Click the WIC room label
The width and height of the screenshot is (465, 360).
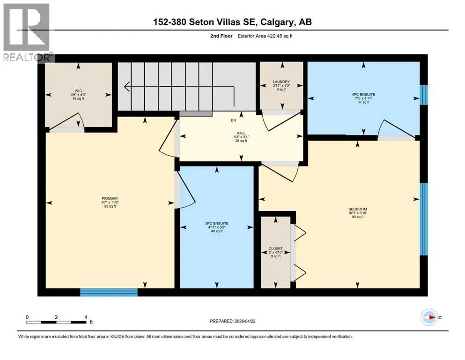click(x=78, y=91)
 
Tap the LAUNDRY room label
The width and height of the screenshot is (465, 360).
click(x=281, y=82)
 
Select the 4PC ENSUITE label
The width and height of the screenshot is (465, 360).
click(x=363, y=94)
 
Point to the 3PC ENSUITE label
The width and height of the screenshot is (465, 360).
click(x=217, y=224)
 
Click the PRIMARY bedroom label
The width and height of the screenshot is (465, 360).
click(x=110, y=199)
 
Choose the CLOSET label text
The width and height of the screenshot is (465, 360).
click(x=276, y=248)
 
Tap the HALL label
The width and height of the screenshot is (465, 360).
click(x=241, y=133)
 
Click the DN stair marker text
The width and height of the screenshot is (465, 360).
click(x=234, y=120)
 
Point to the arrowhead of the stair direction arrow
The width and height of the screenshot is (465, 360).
click(x=126, y=87)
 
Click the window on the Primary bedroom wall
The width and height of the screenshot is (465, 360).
click(x=109, y=292)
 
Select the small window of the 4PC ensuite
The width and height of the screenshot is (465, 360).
click(x=424, y=95)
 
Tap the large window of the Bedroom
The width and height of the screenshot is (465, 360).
click(x=424, y=219)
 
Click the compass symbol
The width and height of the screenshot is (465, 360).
click(x=429, y=317)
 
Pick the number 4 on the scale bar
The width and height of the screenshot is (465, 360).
click(x=86, y=317)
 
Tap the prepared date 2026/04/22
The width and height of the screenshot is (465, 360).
click(x=245, y=321)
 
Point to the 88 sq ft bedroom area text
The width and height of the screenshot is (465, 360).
click(x=358, y=217)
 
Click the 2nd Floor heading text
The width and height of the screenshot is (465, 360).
click(x=221, y=36)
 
